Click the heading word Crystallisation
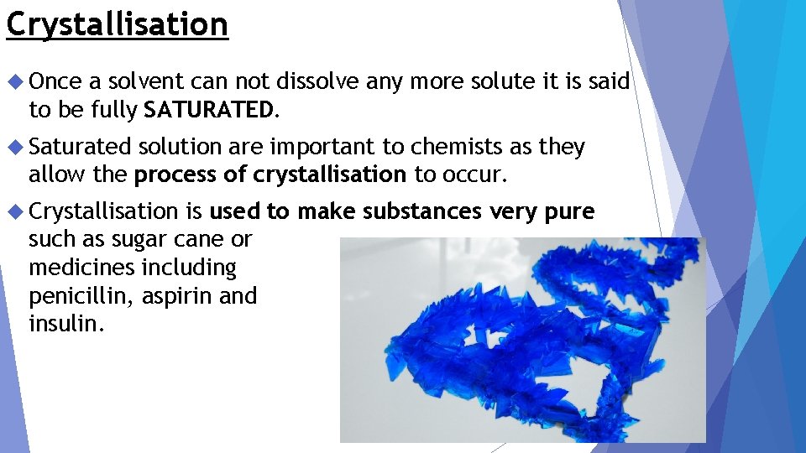pyautogui.click(x=117, y=24)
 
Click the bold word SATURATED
pyautogui.click(x=208, y=109)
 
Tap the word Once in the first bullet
pyautogui.click(x=55, y=81)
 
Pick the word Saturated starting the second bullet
pyautogui.click(x=80, y=147)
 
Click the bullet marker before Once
pyautogui.click(x=15, y=81)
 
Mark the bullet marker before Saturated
pyautogui.click(x=15, y=147)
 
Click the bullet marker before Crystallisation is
pyautogui.click(x=15, y=212)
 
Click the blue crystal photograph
pyautogui.click(x=522, y=340)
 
